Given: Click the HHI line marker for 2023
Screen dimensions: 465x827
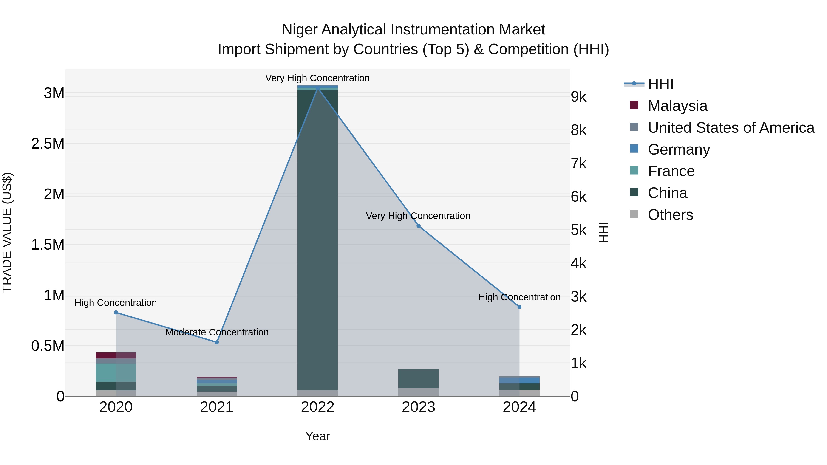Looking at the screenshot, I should click(x=418, y=226).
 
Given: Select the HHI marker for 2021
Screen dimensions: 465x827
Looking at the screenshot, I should click(x=217, y=342).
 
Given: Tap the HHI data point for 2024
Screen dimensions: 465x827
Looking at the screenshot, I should click(x=519, y=307).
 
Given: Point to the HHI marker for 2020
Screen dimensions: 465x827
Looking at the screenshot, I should click(x=116, y=312).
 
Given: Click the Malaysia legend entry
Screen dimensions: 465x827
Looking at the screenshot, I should click(x=677, y=106).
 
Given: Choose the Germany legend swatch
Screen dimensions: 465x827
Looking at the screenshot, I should click(x=634, y=149).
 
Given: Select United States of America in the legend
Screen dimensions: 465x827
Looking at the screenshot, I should click(x=731, y=128).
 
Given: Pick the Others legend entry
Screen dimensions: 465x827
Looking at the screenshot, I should click(x=670, y=215).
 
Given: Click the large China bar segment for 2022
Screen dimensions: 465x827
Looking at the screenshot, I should click(x=317, y=241).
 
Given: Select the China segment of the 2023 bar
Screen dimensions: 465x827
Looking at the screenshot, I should click(x=418, y=379).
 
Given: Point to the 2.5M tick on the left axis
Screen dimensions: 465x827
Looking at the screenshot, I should click(x=48, y=144).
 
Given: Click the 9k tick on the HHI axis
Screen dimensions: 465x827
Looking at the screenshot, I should click(x=578, y=97).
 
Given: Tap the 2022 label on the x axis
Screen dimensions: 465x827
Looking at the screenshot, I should click(x=317, y=407).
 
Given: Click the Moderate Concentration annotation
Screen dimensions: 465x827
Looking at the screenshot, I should click(x=217, y=332).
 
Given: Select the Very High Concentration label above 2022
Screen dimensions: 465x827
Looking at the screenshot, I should click(x=317, y=78).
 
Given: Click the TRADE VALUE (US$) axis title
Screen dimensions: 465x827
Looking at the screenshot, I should click(x=7, y=232).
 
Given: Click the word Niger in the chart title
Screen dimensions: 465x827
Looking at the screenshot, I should click(x=300, y=30).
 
